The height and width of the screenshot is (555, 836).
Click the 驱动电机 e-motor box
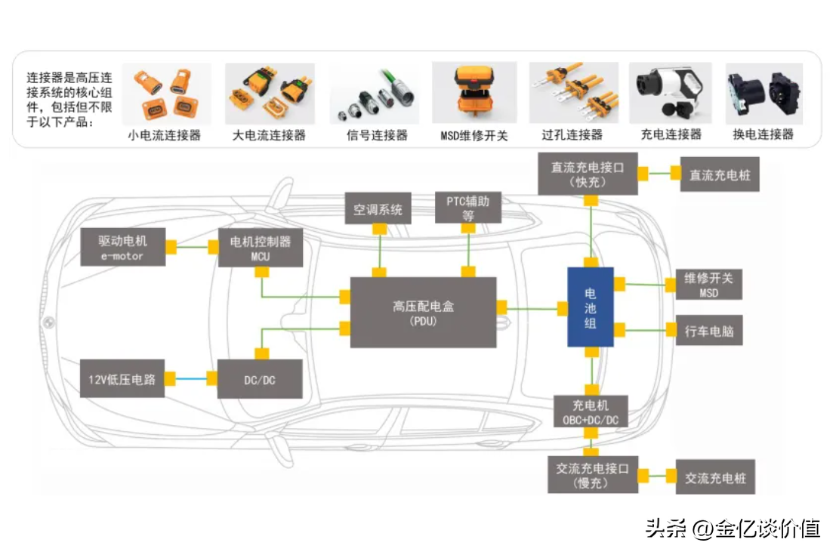pyautogui.click(x=122, y=247)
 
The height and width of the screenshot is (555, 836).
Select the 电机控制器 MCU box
pyautogui.click(x=261, y=247)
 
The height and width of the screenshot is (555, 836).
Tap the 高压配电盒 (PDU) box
pyautogui.click(x=423, y=312)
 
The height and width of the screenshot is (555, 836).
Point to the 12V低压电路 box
pyautogui.click(x=122, y=378)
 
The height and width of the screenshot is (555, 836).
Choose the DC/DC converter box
pyautogui.click(x=260, y=379)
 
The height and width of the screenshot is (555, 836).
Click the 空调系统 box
pyautogui.click(x=378, y=209)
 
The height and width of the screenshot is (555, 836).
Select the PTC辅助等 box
pyautogui.click(x=468, y=208)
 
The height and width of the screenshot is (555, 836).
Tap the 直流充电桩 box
pyautogui.click(x=719, y=174)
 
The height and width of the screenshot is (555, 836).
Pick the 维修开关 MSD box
pyautogui.click(x=708, y=285)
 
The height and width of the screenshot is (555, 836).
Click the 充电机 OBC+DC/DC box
pyautogui.click(x=591, y=412)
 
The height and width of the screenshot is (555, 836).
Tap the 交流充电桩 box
pyautogui.click(x=714, y=477)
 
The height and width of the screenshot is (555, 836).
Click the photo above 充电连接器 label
pyautogui.click(x=670, y=94)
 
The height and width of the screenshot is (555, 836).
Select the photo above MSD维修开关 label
pyautogui.click(x=474, y=94)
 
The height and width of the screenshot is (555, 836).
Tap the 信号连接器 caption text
pyautogui.click(x=376, y=135)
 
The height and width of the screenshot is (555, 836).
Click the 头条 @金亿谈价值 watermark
pyautogui.click(x=733, y=528)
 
